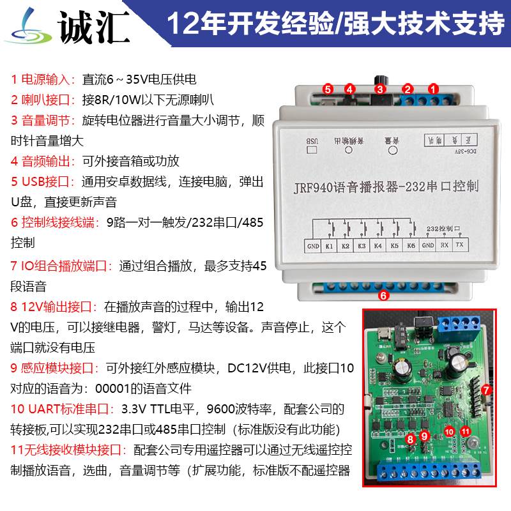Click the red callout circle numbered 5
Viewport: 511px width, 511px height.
tap(327, 89)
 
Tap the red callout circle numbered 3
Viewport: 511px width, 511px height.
tap(379, 89)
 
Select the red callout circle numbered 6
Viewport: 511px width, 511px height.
tap(383, 295)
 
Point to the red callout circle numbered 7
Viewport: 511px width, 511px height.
tap(486, 389)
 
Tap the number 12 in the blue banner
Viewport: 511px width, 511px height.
tap(181, 24)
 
